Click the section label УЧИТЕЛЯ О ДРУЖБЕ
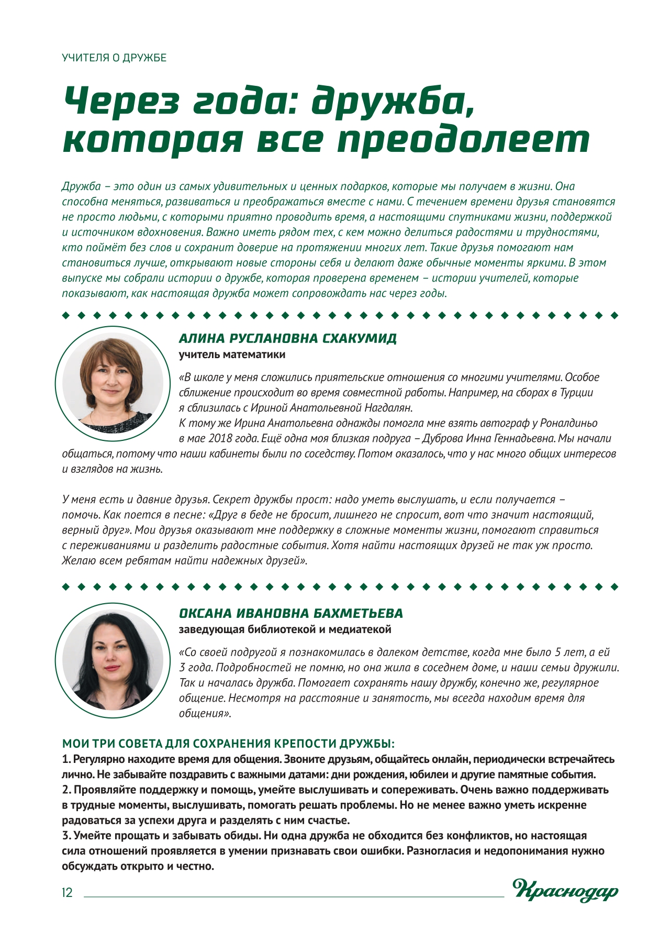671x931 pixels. coord(114,58)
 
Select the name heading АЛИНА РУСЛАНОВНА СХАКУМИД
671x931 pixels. coord(287,338)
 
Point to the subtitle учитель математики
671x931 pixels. coord(232,354)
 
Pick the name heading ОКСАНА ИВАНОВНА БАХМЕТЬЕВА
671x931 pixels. coord(290,613)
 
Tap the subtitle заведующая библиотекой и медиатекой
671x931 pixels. coord(285,629)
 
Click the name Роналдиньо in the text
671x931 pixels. coord(568,423)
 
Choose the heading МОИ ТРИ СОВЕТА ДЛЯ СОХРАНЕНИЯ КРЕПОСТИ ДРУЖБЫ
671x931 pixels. coord(228,744)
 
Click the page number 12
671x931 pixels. coord(68,893)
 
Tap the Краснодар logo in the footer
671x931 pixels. coord(565,890)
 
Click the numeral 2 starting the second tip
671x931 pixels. coord(65,790)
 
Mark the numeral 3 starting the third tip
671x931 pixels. coord(65,836)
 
